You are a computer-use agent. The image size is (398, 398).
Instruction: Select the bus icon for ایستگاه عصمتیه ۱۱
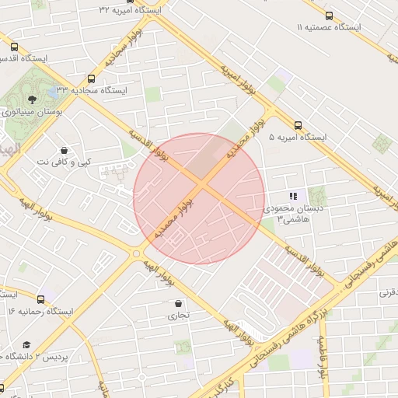pos(329,16)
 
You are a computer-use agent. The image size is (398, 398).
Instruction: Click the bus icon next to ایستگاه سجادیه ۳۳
pos(92,79)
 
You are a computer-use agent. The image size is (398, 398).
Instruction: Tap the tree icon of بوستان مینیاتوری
pos(31,99)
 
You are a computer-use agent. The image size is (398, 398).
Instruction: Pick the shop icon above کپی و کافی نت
pos(63,149)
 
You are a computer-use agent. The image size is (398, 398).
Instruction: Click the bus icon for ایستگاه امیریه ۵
pos(298,125)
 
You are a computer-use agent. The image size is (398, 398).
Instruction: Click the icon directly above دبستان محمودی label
pos(293,197)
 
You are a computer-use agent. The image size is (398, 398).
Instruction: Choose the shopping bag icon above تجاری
pos(180,304)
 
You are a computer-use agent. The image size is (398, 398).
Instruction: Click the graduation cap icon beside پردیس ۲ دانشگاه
pos(27,344)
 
